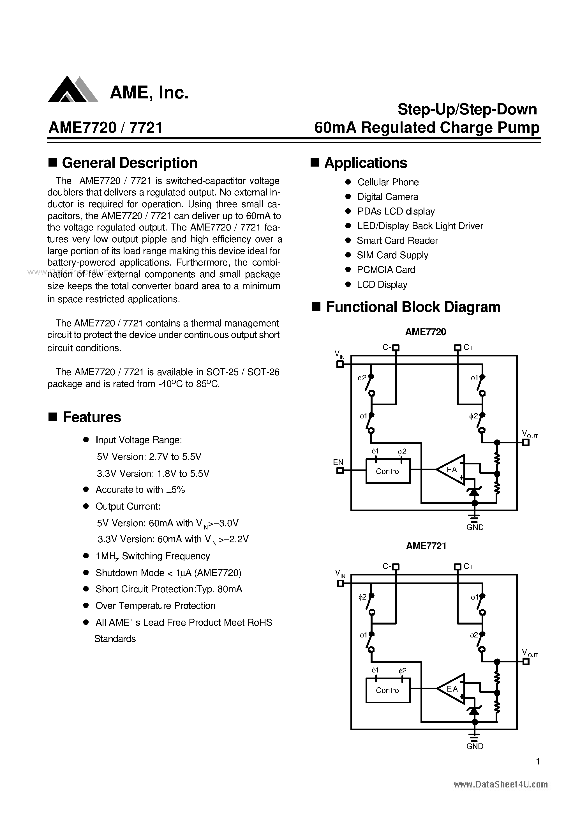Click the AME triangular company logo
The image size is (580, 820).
coord(73,90)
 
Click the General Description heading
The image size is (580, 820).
coord(129,163)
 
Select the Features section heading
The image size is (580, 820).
coord(92,417)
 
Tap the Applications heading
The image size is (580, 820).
coord(365,163)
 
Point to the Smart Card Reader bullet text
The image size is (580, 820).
coord(397,241)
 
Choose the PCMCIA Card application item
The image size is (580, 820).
coord(386,270)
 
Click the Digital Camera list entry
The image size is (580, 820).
coord(387,197)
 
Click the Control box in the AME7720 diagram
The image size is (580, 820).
coord(388,472)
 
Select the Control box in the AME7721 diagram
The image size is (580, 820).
coord(388,691)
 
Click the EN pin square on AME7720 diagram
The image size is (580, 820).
coord(340,471)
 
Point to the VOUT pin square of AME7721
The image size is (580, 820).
coord(526,662)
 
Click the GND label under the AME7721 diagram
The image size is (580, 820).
coord(475,747)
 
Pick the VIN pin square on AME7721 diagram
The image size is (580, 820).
coord(340,584)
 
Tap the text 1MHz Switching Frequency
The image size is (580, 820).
coord(152,556)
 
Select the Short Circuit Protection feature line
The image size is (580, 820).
coord(168,589)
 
